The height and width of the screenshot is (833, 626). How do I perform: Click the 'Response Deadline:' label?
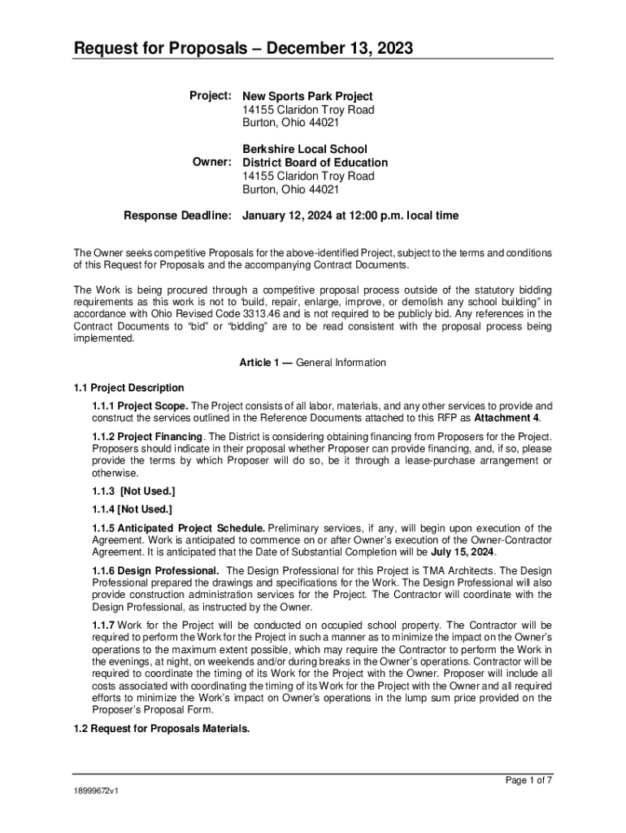click(x=177, y=216)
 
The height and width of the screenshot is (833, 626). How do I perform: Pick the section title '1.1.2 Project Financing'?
click(x=146, y=437)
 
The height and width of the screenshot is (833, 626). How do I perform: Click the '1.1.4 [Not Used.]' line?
click(x=132, y=509)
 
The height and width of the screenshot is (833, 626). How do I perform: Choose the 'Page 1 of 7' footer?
click(x=529, y=781)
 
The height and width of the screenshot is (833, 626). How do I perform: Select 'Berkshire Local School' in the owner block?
click(x=305, y=149)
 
